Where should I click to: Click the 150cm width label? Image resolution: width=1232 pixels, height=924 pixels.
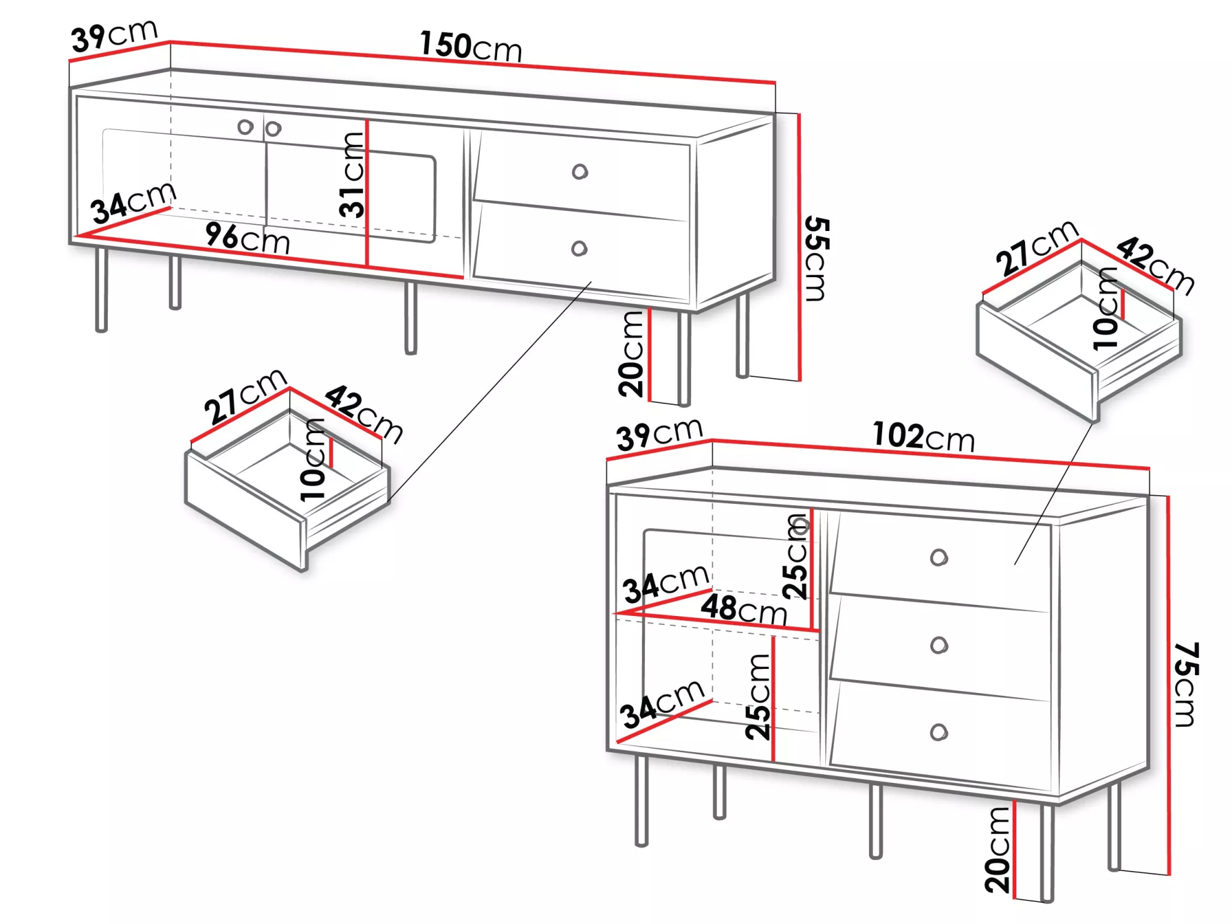point(471,46)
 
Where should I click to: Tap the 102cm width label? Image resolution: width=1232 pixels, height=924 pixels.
point(923,437)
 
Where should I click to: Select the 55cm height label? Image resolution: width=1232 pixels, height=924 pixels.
point(817,259)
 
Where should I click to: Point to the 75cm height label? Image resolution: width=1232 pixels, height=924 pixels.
point(1186,684)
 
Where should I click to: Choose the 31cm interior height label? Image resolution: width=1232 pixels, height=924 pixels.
point(352,175)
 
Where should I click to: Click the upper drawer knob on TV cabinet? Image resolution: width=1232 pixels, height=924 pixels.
point(580,171)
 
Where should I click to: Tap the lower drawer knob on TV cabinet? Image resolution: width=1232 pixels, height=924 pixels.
point(579,248)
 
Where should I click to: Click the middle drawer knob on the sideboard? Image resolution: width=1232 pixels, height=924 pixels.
point(939,645)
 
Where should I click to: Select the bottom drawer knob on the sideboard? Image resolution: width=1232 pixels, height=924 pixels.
point(939,732)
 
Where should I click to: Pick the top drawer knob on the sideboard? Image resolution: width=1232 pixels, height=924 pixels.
point(939,557)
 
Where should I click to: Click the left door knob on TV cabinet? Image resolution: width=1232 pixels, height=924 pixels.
point(245,127)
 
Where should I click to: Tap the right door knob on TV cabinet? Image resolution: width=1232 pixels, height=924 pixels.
point(273,128)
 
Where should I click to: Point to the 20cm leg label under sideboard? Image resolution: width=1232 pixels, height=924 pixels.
point(997,850)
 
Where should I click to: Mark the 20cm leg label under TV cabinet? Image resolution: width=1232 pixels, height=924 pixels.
point(631,354)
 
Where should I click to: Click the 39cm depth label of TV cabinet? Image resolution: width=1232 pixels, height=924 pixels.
point(115,36)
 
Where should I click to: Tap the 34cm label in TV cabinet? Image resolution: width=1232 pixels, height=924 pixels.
point(134,203)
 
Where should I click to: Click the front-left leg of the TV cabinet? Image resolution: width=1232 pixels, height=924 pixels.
point(102,290)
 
